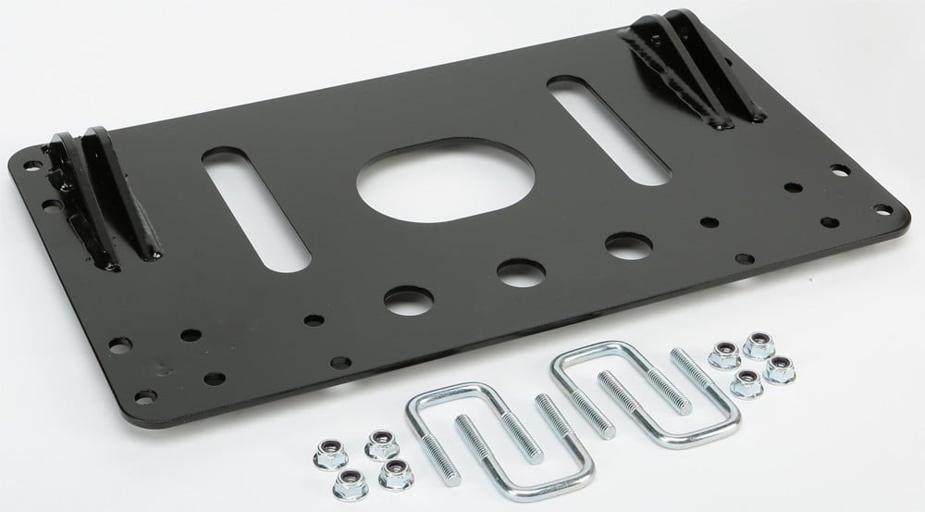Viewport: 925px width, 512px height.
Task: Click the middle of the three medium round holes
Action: tap(512, 274)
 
